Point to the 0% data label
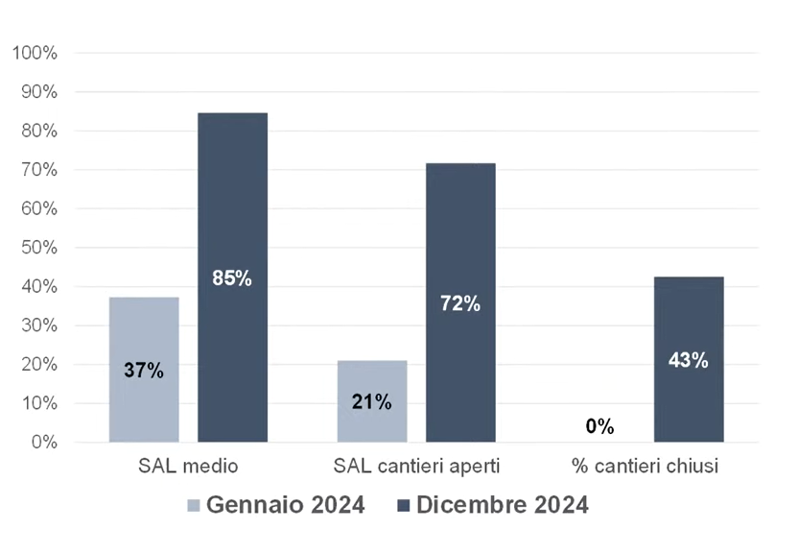coord(599,426)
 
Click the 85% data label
coord(232,278)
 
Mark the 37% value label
coord(144,370)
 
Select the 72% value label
coord(460,304)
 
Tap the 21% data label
coord(371,402)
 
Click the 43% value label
coord(689,360)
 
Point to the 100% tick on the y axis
coord(35,53)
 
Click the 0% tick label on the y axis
coord(43,443)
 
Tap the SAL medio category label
coord(188,467)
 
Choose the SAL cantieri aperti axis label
coord(416,467)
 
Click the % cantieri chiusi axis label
coord(645,467)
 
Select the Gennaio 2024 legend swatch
coord(194,505)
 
